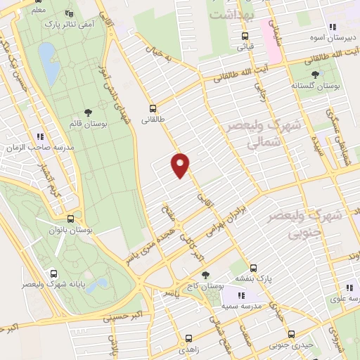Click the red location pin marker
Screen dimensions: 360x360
click(181, 165)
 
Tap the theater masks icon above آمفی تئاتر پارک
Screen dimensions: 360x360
click(68, 13)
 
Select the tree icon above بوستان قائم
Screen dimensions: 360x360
click(88, 112)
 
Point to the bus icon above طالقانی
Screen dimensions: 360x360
click(153, 108)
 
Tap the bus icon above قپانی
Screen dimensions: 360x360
click(244, 36)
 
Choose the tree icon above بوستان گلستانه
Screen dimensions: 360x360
click(314, 74)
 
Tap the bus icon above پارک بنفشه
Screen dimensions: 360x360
click(254, 267)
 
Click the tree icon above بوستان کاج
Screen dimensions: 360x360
click(205, 276)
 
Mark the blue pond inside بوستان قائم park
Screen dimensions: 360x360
click(47, 64)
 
